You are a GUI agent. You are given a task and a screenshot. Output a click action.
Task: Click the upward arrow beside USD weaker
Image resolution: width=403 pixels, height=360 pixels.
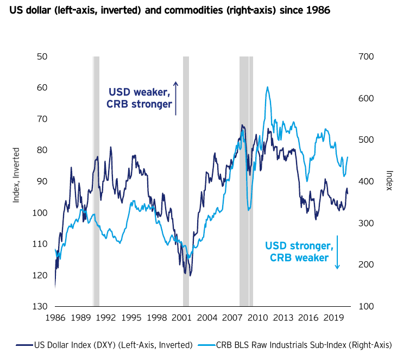pos(175,98)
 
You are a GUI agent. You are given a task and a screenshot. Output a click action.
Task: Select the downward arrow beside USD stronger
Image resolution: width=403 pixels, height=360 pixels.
pos(337,251)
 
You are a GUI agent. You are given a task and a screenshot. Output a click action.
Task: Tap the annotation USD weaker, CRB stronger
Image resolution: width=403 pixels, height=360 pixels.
pos(140,98)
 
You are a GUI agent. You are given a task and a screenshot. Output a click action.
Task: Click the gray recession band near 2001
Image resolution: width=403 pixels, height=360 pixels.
pos(186,179)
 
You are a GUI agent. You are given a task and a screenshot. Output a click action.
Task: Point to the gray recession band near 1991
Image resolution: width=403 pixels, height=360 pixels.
pos(96,179)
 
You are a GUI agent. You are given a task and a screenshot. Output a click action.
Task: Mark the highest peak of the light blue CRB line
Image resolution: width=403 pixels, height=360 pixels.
pos(267,87)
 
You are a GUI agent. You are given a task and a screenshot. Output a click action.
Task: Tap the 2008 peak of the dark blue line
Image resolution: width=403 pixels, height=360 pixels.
pos(243,125)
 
